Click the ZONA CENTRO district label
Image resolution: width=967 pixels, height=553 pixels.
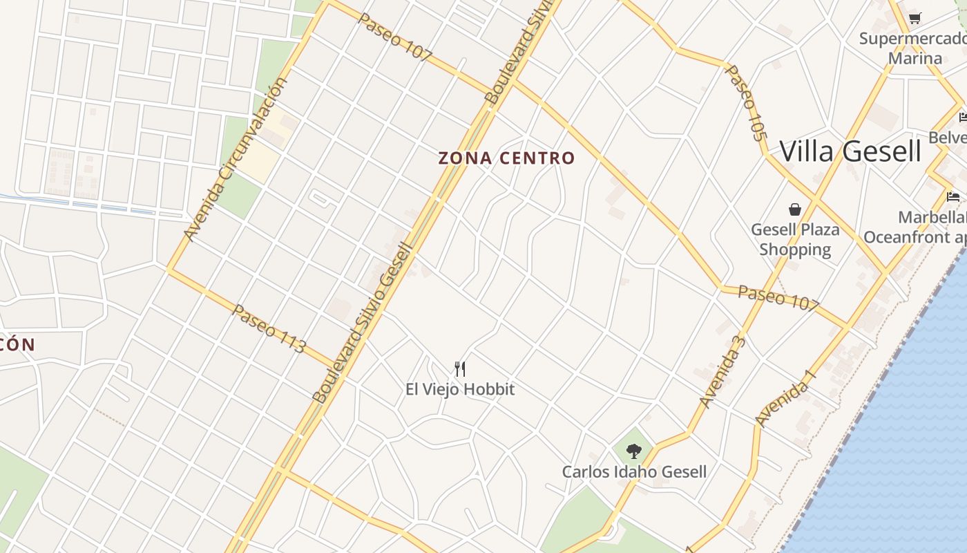pos(506,158)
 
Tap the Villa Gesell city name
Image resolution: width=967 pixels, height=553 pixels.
pos(850,151)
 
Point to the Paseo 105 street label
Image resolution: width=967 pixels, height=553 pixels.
pos(747,103)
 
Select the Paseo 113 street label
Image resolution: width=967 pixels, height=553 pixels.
pos(268,329)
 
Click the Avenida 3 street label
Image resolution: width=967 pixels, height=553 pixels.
pos(722,371)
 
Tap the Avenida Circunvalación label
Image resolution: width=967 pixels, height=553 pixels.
pos(236,160)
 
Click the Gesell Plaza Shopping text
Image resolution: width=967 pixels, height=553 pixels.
pos(795,239)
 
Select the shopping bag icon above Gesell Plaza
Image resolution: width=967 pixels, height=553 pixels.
pos(795,209)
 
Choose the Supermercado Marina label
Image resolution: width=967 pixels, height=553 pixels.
pos(912,48)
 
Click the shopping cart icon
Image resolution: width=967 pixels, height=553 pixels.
pos(915,18)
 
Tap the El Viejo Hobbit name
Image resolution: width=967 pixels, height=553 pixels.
pos(460,389)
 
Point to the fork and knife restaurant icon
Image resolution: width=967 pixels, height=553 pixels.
pos(460,368)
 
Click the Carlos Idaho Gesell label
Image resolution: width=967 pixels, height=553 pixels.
pos(633,472)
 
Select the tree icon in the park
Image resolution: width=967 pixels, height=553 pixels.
pos(633,451)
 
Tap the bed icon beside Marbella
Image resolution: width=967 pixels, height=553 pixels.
pos(953,197)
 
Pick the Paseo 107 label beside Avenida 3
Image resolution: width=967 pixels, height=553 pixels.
pos(778,297)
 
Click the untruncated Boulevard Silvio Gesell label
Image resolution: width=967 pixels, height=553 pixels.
pos(363,323)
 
